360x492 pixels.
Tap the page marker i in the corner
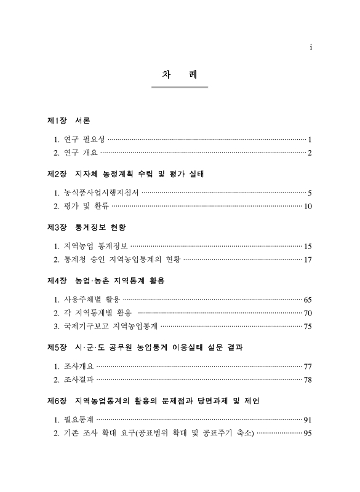point(311,47)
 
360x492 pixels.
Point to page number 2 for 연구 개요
point(310,153)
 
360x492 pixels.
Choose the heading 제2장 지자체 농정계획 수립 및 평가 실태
point(125,174)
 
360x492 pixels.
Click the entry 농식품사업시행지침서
point(102,192)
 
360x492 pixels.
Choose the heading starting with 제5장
point(145,347)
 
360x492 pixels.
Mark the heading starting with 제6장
point(153,401)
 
